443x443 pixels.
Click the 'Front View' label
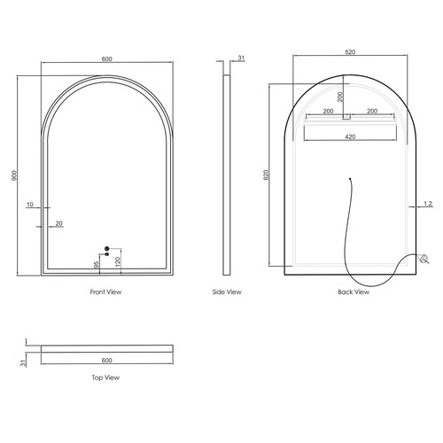(x=106, y=291)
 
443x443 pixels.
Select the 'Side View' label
(x=227, y=291)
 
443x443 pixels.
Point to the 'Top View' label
(x=105, y=377)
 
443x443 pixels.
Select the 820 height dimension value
(x=265, y=175)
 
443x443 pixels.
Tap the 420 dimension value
(x=350, y=137)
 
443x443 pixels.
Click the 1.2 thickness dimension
(x=427, y=204)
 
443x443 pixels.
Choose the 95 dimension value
(x=96, y=263)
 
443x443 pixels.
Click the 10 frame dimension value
(x=30, y=205)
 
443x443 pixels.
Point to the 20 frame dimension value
(x=59, y=223)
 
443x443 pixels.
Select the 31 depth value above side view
(x=240, y=59)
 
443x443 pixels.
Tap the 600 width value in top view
(x=106, y=360)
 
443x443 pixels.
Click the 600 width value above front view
(x=106, y=59)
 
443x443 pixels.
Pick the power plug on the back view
(x=423, y=260)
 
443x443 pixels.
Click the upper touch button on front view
(x=106, y=248)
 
